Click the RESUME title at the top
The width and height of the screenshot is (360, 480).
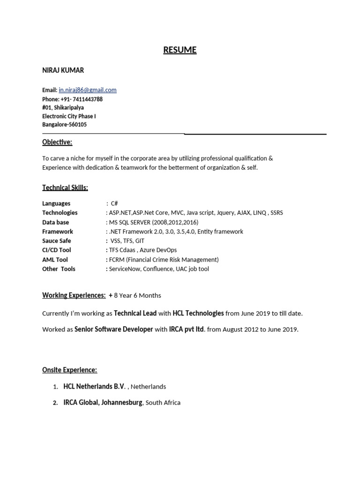[180, 50]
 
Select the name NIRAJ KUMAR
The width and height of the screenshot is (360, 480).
[63, 70]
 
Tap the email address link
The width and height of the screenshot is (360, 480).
[88, 90]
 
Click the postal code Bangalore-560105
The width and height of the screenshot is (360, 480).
[64, 125]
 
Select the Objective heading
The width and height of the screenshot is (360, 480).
[57, 142]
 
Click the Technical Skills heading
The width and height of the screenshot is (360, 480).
[65, 187]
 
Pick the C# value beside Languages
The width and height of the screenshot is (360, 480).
[114, 203]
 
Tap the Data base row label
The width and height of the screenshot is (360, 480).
[55, 222]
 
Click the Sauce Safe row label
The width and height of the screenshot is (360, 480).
[57, 241]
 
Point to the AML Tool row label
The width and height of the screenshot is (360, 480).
[55, 260]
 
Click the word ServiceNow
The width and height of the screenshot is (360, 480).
[123, 269]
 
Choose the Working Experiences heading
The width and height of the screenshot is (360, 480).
[74, 295]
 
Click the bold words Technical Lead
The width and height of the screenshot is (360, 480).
[135, 313]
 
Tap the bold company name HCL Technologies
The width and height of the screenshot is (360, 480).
[198, 313]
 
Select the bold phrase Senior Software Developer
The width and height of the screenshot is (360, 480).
[114, 330]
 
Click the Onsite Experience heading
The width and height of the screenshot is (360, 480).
[69, 370]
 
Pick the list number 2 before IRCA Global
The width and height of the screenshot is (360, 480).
[55, 403]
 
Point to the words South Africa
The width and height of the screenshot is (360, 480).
[163, 403]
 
